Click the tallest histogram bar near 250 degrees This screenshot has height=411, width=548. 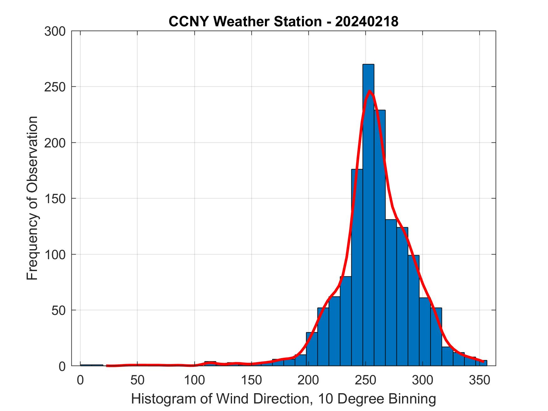(368, 219)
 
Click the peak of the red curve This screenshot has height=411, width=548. (370, 91)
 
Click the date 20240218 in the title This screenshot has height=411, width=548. (367, 22)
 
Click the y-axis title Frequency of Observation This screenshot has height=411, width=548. (32, 198)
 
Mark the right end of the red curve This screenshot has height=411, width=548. (483, 362)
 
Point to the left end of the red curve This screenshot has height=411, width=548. (107, 366)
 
